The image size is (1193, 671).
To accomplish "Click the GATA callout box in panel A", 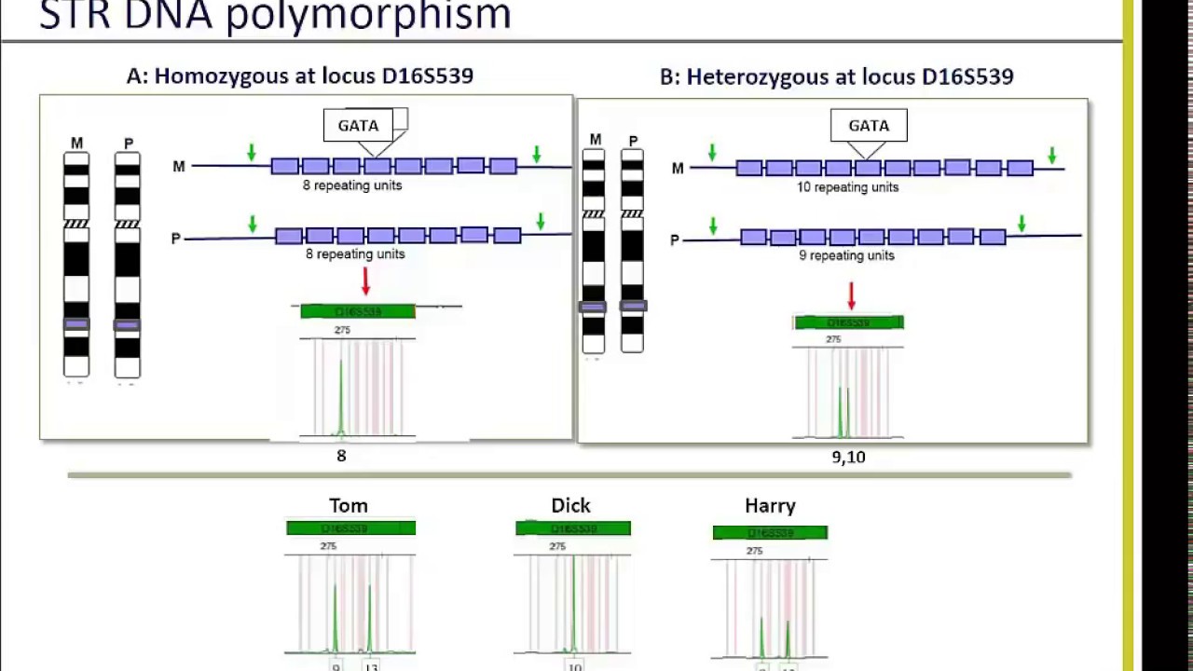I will [359, 126].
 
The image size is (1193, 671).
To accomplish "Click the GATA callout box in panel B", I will [869, 126].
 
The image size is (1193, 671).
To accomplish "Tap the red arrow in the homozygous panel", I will [365, 281].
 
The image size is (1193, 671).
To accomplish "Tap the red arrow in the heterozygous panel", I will [851, 295].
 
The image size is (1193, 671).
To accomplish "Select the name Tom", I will [349, 505].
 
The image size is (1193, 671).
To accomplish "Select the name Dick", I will [570, 505].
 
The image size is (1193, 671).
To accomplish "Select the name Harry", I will [770, 505].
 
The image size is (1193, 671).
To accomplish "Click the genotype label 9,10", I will [848, 457].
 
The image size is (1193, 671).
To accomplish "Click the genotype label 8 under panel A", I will [341, 456].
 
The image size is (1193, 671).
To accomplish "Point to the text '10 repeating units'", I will [847, 187].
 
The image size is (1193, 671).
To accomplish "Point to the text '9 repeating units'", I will [846, 255].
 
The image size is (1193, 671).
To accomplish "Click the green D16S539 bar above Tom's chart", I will [350, 528].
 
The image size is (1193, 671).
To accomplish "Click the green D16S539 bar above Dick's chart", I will [573, 528].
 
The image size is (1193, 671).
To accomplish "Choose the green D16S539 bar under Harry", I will [770, 533].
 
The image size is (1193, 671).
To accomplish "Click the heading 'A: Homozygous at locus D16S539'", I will [300, 76].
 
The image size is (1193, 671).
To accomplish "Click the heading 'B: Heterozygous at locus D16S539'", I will [836, 76].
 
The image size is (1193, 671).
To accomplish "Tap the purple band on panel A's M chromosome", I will [76, 324].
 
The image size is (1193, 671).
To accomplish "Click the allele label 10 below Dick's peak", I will [574, 665].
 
